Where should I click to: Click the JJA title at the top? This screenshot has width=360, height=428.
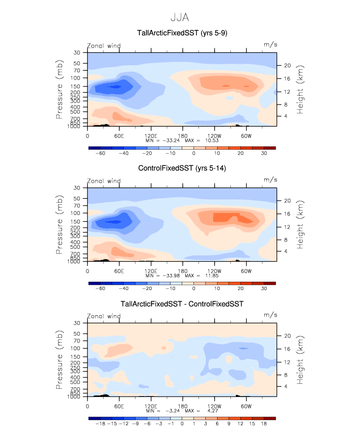pos(180,18)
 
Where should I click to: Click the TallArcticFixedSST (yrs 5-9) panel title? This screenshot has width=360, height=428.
pos(182,33)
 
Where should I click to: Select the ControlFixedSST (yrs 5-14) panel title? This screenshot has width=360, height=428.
pos(182,168)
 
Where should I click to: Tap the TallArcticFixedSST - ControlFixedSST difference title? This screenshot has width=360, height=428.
pos(182,304)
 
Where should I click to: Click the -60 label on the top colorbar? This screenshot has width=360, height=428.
pos(100,153)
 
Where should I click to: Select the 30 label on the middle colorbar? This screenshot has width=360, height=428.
pos(263,289)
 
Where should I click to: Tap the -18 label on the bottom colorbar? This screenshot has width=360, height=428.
pos(100,424)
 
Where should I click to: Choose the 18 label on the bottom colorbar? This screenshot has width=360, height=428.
pos(264,424)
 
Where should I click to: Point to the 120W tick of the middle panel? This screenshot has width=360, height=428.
pos(214,270)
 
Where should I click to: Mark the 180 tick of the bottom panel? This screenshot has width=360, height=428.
pos(183,406)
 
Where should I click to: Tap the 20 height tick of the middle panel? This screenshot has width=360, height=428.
pos(286,200)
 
